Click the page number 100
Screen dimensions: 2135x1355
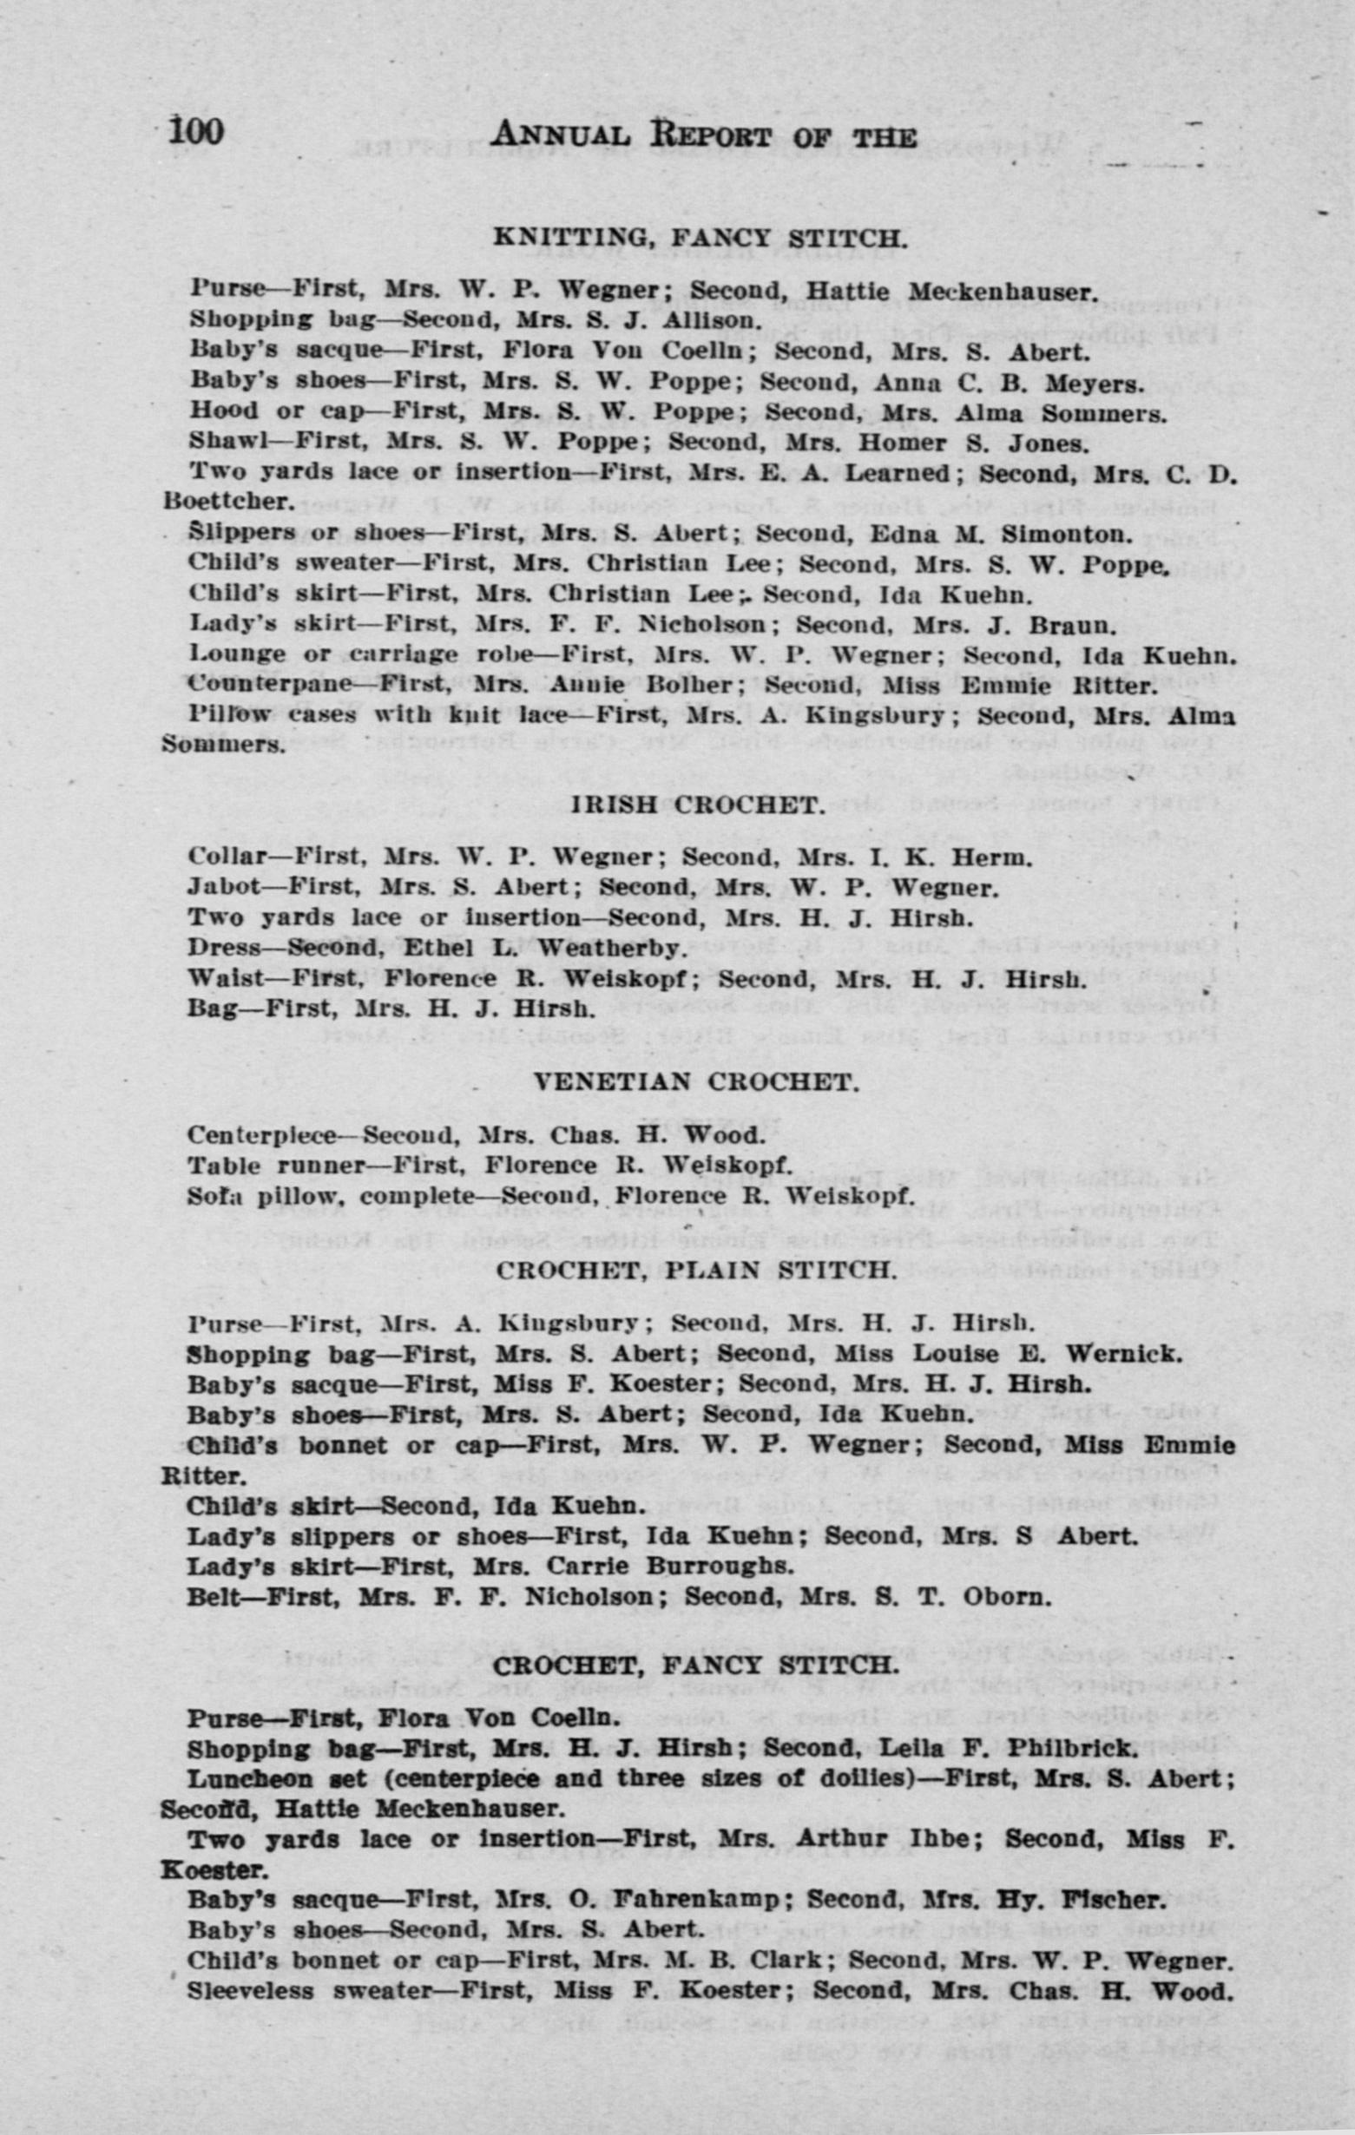pyautogui.click(x=196, y=133)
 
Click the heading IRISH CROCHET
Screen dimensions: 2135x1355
pyautogui.click(x=700, y=805)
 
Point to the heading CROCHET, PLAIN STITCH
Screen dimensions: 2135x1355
pyautogui.click(x=696, y=1270)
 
